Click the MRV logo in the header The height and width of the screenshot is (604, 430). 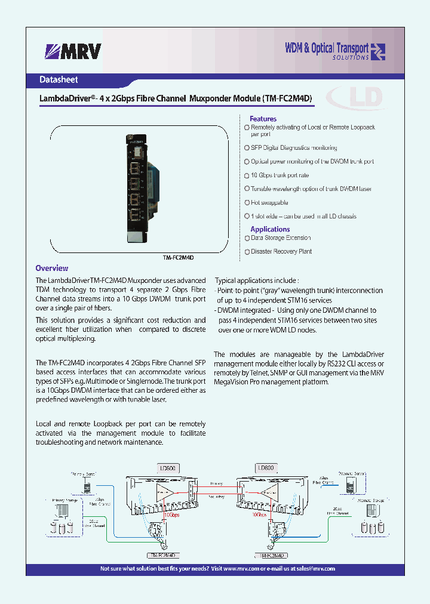73,52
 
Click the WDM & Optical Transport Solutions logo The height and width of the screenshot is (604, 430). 334,51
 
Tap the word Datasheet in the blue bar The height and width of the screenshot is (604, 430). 59,79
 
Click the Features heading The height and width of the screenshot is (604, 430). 263,119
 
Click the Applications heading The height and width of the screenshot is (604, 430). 270,229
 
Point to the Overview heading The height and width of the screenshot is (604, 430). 52,269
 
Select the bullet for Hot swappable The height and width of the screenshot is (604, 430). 247,203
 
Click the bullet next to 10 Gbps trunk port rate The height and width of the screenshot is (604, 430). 247,175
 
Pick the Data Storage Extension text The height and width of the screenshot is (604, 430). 281,238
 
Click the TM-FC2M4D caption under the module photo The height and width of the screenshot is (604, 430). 179,257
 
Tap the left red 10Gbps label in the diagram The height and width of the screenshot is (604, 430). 171,514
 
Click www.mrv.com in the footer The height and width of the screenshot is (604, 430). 242,569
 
